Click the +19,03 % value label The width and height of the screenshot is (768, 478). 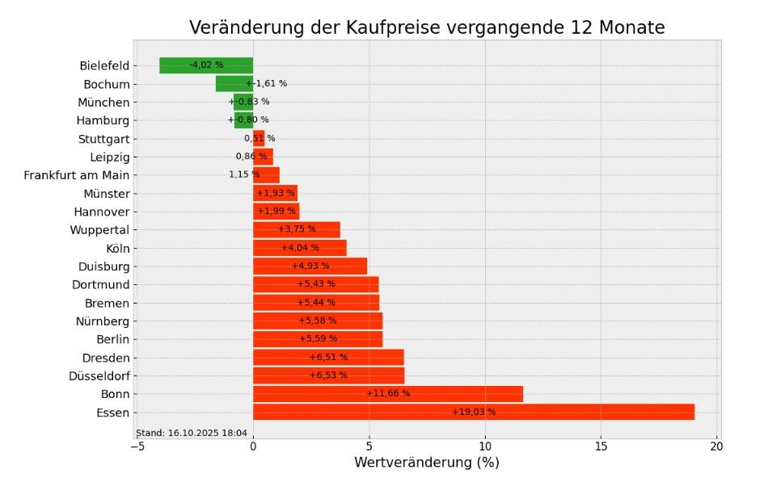coord(474,413)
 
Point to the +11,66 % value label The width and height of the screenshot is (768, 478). coord(388,394)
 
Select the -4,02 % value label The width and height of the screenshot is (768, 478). coord(206,65)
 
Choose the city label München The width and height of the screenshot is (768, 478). coord(103,103)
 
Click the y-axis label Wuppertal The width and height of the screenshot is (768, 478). coord(99,230)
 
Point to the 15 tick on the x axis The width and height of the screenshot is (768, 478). coord(601,447)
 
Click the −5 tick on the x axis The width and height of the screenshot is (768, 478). coord(137,447)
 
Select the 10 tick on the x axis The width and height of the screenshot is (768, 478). coord(485,447)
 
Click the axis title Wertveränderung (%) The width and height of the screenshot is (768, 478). coord(426,463)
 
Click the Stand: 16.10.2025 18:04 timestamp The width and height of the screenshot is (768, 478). coord(192,434)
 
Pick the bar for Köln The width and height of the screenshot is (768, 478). coord(299,248)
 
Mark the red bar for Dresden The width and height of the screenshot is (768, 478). coord(327,358)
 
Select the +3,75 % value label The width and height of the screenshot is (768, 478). coord(297,230)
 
